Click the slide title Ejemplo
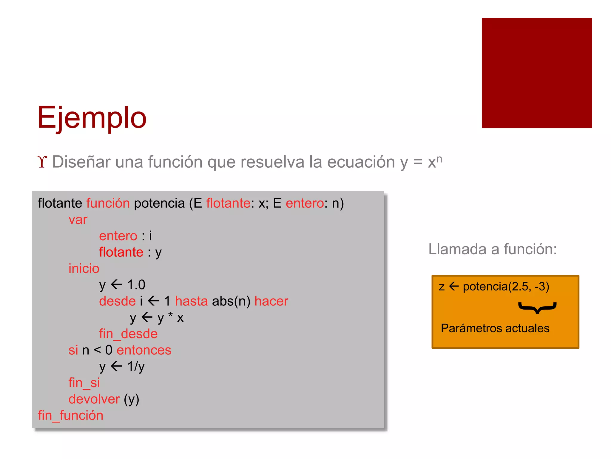coord(92,118)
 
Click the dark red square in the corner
coord(536,73)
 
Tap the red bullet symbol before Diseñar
coord(42,162)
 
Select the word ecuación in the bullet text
coord(361,162)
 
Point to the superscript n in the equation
coord(439,158)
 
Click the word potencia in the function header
coord(159,203)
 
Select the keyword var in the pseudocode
coord(78,220)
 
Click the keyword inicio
coord(84,268)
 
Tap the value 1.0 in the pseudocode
coord(136,285)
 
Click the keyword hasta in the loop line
coord(191,301)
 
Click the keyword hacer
coord(271,301)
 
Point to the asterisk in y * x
coord(170,315)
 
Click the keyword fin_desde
coord(128,334)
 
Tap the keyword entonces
coord(144,350)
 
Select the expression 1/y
coord(136,366)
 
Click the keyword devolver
coord(94,399)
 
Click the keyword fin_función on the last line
coord(70,415)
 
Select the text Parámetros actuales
coord(495,328)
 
